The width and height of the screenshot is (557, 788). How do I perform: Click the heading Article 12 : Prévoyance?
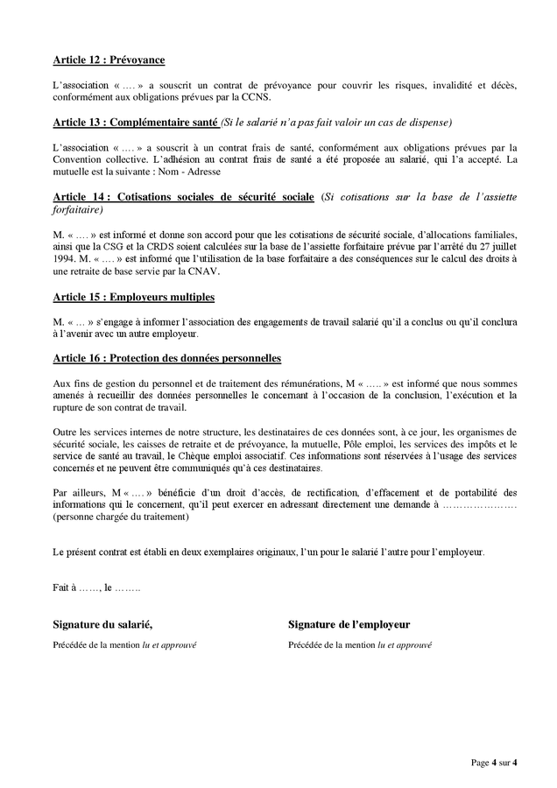click(x=109, y=60)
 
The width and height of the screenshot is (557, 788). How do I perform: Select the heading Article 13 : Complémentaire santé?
click(x=135, y=121)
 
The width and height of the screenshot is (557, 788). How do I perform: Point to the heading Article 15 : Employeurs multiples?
click(x=133, y=298)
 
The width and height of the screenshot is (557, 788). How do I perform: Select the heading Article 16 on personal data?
click(x=166, y=359)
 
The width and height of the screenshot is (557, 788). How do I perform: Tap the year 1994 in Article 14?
click(x=64, y=259)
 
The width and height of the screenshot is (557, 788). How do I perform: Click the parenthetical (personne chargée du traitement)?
click(x=120, y=517)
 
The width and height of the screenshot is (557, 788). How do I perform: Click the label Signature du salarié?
click(x=102, y=624)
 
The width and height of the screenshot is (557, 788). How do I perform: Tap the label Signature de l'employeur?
click(x=349, y=624)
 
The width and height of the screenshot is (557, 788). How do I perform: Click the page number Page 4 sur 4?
click(x=493, y=763)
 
